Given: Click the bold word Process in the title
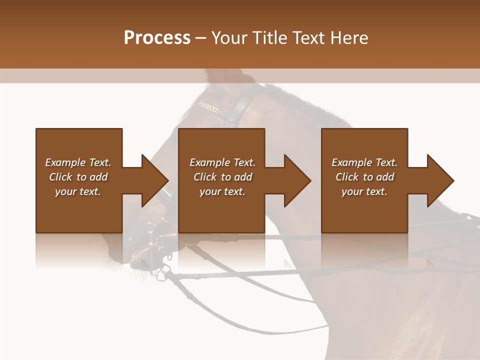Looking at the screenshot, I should point(157,38).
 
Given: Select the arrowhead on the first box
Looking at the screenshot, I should point(154,180).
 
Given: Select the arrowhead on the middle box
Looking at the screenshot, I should point(297,180).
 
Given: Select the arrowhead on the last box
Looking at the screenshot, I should point(440,180).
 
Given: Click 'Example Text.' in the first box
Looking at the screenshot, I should point(78,162).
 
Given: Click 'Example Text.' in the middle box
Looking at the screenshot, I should point(222,162).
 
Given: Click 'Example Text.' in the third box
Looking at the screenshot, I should point(364,162).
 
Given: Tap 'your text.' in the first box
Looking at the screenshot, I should point(78,191).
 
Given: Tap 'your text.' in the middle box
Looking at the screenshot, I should point(222,191).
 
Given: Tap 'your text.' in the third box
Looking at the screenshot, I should point(364,191).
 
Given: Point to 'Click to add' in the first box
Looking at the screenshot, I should point(78,177).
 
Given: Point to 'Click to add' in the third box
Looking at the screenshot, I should point(364,177).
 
